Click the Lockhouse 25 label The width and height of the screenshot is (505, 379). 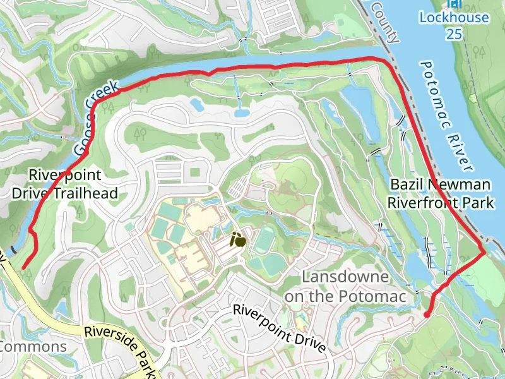454,25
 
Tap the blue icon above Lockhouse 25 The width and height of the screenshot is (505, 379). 453,4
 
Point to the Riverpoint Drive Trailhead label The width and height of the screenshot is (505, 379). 65,184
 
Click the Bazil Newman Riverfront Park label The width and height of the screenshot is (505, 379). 440,193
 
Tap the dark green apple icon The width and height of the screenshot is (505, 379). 238,239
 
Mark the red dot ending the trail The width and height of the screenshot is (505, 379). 427,314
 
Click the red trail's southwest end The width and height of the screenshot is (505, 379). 24,268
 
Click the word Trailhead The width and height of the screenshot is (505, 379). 88,193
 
